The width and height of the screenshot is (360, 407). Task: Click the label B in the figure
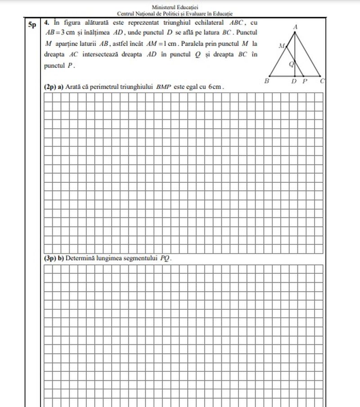click(267, 81)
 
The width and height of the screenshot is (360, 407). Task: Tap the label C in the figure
click(323, 81)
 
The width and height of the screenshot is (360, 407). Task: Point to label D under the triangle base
click(294, 81)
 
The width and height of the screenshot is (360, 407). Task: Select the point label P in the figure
click(305, 81)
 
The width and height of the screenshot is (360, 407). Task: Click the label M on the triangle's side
click(282, 45)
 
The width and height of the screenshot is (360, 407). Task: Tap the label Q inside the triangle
click(291, 64)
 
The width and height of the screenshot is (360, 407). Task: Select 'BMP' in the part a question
click(164, 86)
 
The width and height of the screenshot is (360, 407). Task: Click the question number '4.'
click(47, 22)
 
